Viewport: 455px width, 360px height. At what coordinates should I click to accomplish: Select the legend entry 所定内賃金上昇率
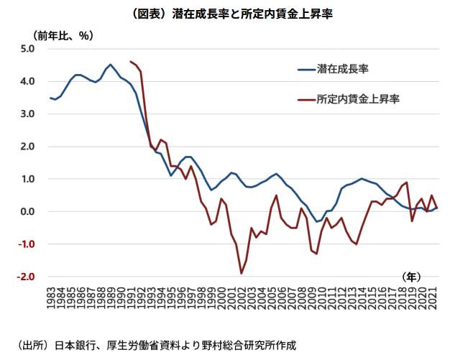[x=358, y=99]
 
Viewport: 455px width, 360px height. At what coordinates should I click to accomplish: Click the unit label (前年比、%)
[x=63, y=34]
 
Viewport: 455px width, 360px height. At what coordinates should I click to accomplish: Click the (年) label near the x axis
[x=412, y=276]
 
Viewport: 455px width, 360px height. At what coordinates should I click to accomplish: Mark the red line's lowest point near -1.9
[x=242, y=273]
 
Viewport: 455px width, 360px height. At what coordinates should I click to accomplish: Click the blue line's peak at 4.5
[x=111, y=65]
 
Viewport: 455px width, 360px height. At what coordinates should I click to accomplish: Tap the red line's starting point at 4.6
[x=130, y=62]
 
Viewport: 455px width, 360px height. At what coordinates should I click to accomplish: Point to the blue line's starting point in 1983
[x=50, y=98]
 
